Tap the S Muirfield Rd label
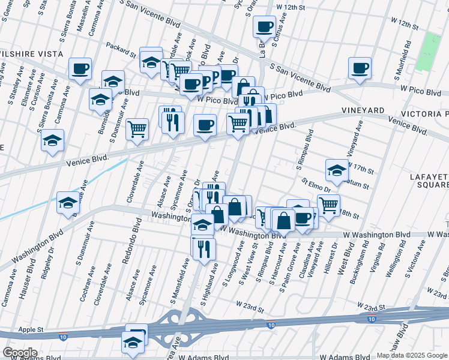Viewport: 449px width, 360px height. pyautogui.click(x=403, y=60)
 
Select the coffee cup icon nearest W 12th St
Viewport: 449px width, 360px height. pyautogui.click(x=264, y=26)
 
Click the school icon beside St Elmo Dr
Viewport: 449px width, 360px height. pyautogui.click(x=337, y=170)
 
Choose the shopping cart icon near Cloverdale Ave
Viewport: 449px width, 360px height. pyautogui.click(x=137, y=128)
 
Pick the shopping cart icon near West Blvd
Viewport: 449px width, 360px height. pyautogui.click(x=328, y=205)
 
